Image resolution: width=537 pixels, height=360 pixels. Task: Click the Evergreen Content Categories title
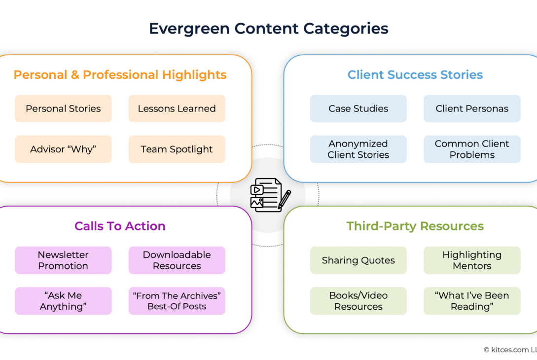pyautogui.click(x=268, y=29)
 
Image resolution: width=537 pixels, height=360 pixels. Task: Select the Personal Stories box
pyautogui.click(x=63, y=108)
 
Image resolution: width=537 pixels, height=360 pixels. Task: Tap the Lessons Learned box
pyautogui.click(x=177, y=108)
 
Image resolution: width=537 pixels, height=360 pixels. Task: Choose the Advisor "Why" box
pyautogui.click(x=63, y=149)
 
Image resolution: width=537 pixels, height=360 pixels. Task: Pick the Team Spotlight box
pyautogui.click(x=177, y=149)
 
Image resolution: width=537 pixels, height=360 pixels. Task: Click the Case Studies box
pyautogui.click(x=358, y=108)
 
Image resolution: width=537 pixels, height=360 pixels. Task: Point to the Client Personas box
pyautogui.click(x=472, y=108)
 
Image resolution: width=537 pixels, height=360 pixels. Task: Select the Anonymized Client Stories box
pyautogui.click(x=358, y=149)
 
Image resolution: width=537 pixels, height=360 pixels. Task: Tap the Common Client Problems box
pyautogui.click(x=472, y=149)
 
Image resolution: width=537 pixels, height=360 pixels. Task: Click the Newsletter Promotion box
pyautogui.click(x=63, y=260)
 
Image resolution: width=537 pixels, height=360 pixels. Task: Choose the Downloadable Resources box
pyautogui.click(x=177, y=260)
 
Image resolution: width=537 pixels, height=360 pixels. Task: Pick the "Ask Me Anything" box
pyautogui.click(x=63, y=301)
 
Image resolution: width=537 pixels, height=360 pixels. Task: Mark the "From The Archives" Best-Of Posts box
pyautogui.click(x=177, y=301)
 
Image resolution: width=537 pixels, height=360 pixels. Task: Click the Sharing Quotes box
pyautogui.click(x=358, y=260)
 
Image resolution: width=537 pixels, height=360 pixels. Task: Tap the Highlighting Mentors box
pyautogui.click(x=472, y=260)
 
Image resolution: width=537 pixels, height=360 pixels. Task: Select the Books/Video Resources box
pyautogui.click(x=358, y=301)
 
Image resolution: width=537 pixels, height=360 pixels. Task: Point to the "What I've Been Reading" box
pyautogui.click(x=472, y=301)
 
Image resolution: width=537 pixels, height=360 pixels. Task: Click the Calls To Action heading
pyautogui.click(x=120, y=226)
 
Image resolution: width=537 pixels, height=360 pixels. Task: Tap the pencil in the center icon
pyautogui.click(x=285, y=199)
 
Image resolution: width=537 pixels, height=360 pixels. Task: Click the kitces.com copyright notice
pyautogui.click(x=510, y=350)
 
